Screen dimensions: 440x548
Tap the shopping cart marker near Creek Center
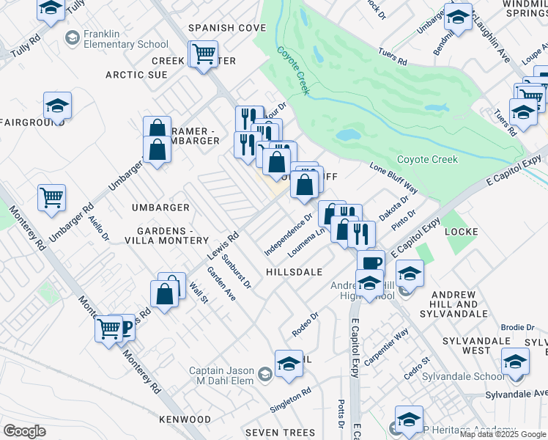pos(204,53)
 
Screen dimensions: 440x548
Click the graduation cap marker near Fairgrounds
pos(57,106)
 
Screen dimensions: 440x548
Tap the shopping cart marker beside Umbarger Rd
pos(51,196)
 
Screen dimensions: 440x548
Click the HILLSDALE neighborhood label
pos(294,271)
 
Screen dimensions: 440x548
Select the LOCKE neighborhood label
pos(461,232)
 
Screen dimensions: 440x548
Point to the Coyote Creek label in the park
pos(427,159)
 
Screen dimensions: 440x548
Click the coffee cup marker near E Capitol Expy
pos(371,262)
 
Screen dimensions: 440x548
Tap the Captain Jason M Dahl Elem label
pos(221,375)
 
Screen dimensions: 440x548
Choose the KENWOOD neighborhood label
pos(185,419)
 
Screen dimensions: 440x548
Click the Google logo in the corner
pos(24,431)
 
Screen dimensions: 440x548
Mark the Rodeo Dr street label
pos(305,320)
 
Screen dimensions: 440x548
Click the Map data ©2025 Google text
pos(503,434)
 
